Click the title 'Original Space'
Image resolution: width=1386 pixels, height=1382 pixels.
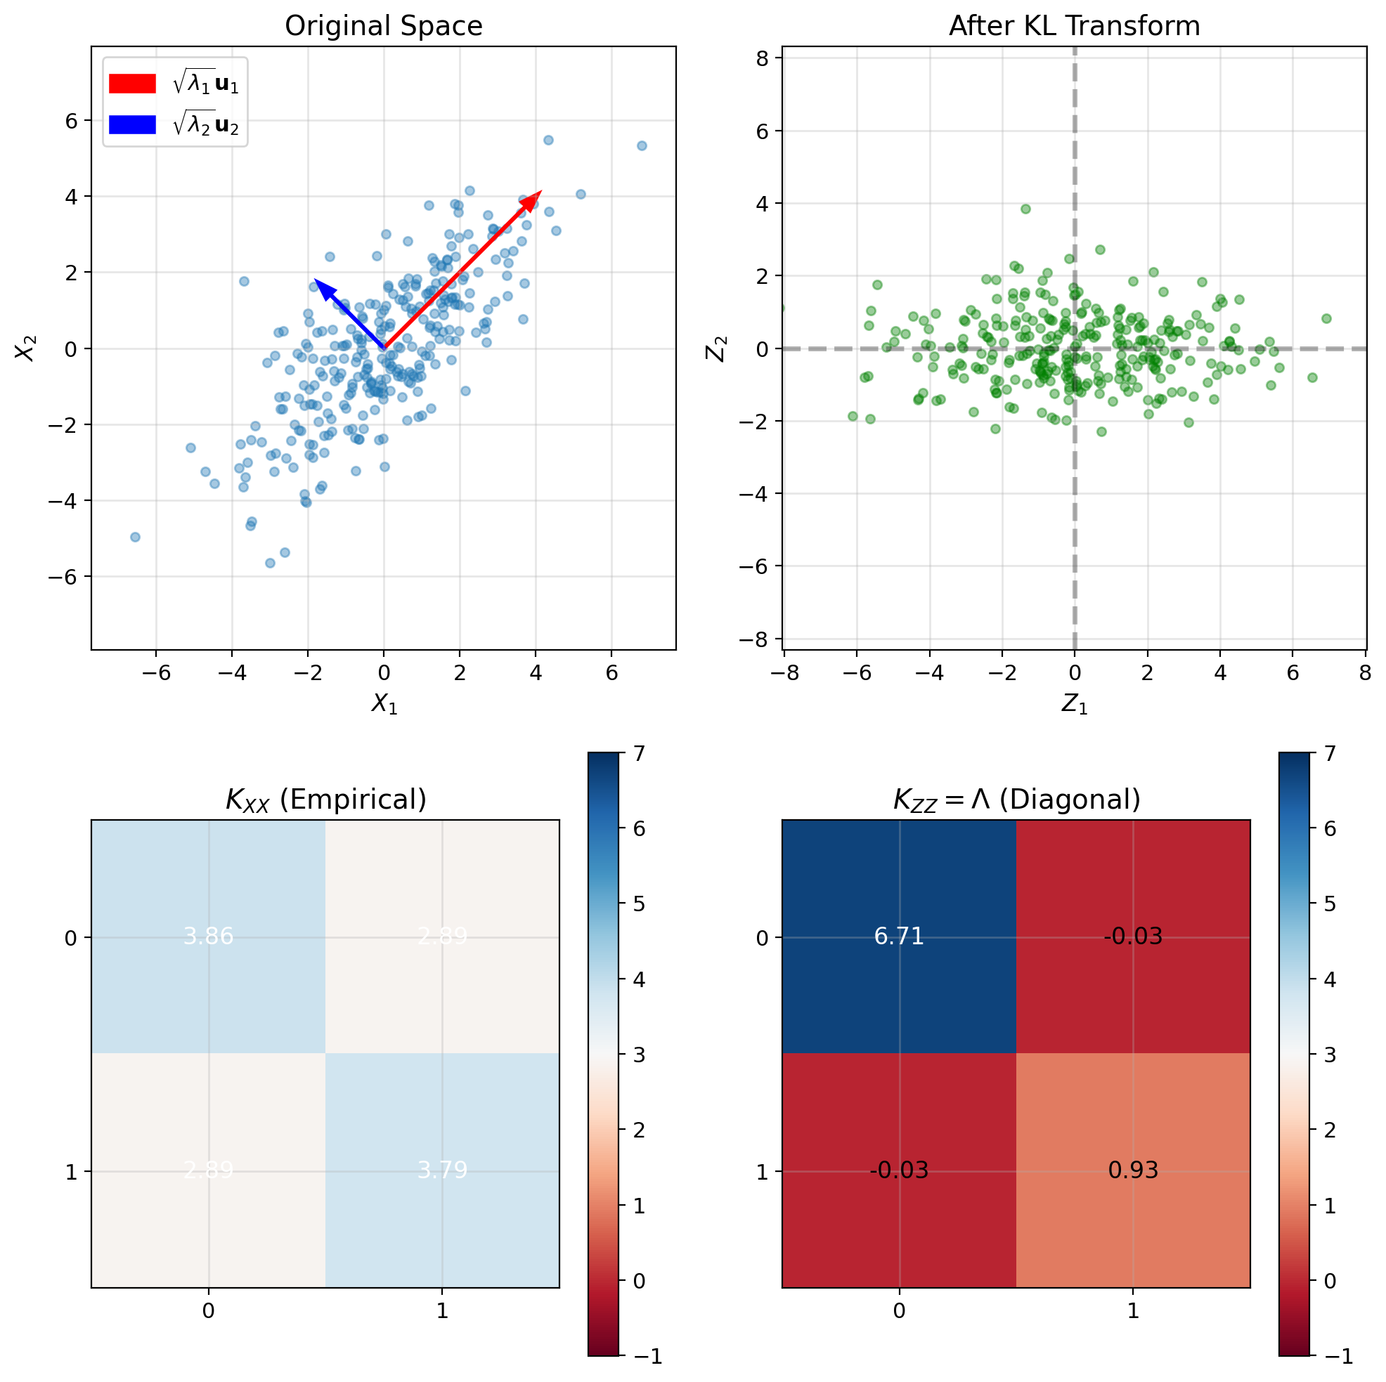point(383,27)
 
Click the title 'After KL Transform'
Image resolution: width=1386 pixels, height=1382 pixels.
point(1074,27)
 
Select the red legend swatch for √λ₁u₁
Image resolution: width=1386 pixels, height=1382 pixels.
point(132,84)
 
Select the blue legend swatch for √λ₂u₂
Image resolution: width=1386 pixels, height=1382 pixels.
point(132,125)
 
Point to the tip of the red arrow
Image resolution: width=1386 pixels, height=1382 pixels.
point(541,192)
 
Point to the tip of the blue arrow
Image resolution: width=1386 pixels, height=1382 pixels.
point(315,279)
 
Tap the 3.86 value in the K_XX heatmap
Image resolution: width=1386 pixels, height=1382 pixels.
point(208,937)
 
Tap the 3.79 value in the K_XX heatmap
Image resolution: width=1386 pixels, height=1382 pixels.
point(442,1171)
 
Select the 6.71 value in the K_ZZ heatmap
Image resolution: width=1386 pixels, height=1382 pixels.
point(899,937)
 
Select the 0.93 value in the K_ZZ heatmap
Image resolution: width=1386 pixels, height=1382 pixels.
point(1133,1171)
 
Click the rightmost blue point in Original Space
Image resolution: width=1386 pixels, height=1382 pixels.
point(642,145)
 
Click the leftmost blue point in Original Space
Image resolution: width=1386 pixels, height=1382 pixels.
point(135,537)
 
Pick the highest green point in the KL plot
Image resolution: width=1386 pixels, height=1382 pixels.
point(1026,209)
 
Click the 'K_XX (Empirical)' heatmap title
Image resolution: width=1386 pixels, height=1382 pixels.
point(325,799)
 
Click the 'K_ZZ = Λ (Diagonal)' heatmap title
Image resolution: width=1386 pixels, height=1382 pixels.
point(1016,799)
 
